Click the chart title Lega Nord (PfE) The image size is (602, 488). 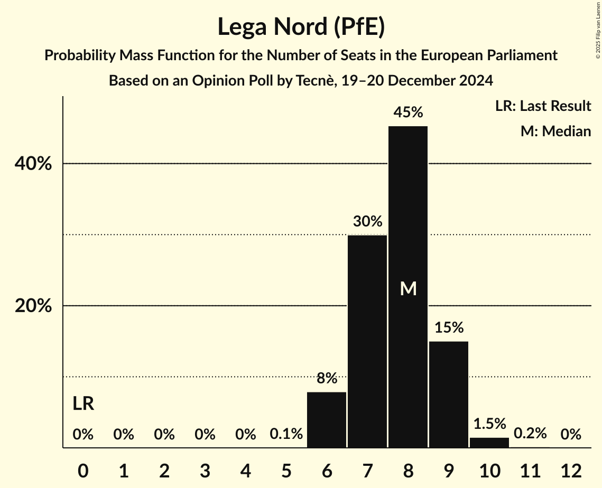point(301,27)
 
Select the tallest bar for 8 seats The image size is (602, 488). point(408,287)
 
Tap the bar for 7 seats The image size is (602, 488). point(367,341)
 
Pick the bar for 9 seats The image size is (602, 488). point(449,395)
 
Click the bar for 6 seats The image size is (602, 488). point(327,419)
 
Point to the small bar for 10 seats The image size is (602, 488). point(489,443)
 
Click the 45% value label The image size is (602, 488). point(408,112)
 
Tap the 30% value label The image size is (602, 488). point(367,221)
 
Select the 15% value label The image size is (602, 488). point(449,328)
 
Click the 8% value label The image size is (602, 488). point(327,378)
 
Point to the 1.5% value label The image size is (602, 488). point(489,424)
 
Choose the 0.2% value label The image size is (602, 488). point(530,434)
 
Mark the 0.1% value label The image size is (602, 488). point(286,434)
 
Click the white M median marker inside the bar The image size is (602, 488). point(408,288)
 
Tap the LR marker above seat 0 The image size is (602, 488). point(83,404)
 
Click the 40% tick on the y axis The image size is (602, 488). point(33,164)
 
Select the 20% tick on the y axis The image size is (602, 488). point(33,306)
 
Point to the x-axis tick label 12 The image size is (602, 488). point(571,470)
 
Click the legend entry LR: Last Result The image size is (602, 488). point(543,106)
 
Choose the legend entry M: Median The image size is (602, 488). point(555,131)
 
